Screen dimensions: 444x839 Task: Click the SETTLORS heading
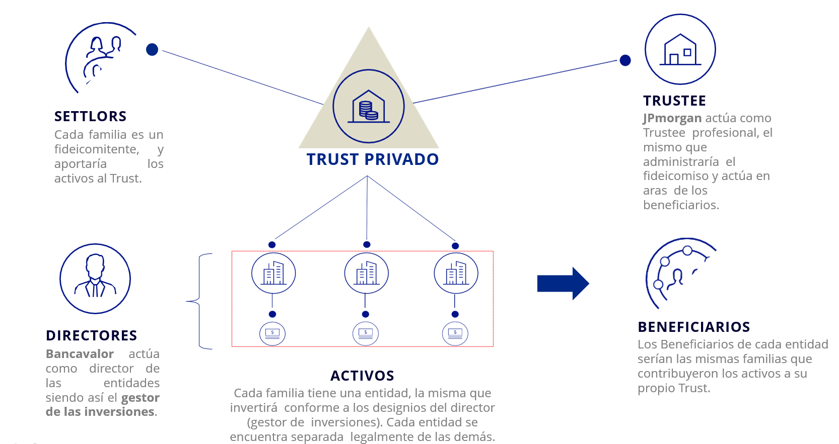(90, 116)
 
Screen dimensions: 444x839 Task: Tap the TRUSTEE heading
(674, 101)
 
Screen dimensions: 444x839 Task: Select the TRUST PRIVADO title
(373, 159)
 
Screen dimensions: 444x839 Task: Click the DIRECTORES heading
(91, 335)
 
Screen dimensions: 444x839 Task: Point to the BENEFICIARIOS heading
(693, 327)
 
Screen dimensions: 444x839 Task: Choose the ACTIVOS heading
(362, 376)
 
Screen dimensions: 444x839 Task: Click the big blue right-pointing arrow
(563, 284)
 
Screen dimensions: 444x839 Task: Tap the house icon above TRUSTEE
(680, 49)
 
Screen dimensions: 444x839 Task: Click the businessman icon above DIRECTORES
(95, 279)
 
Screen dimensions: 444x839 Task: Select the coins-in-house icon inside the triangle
(369, 106)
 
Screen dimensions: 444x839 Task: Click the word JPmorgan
(672, 118)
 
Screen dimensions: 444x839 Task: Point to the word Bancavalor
(80, 354)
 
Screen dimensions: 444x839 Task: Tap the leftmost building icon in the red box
(273, 273)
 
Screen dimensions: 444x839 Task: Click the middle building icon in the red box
(366, 273)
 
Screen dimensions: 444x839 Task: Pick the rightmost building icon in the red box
(456, 273)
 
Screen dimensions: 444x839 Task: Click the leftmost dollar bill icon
(272, 333)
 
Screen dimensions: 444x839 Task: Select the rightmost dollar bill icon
(455, 333)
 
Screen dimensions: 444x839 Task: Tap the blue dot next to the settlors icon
(152, 49)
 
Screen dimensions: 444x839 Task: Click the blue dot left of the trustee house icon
(625, 60)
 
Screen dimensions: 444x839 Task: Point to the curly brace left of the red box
(200, 301)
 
